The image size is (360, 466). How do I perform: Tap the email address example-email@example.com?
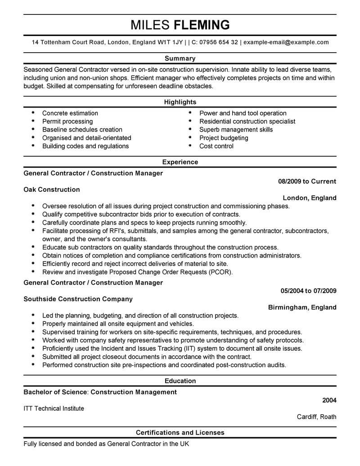286,42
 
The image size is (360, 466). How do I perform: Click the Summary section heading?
180,58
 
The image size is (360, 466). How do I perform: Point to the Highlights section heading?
180,102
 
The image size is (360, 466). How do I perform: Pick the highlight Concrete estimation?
70,113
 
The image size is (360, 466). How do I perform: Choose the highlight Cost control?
216,146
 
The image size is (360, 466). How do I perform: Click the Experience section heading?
180,162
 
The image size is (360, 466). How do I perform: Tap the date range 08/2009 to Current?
307,181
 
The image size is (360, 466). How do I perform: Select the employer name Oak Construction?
51,190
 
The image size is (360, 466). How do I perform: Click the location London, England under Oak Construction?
309,198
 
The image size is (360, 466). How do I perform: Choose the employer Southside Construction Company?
78,299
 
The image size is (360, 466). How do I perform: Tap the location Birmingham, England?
302,307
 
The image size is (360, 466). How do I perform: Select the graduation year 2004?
329,400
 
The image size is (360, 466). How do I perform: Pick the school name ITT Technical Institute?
54,408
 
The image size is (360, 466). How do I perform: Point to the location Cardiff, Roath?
316,416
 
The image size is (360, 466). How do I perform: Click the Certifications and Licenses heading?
180,433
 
